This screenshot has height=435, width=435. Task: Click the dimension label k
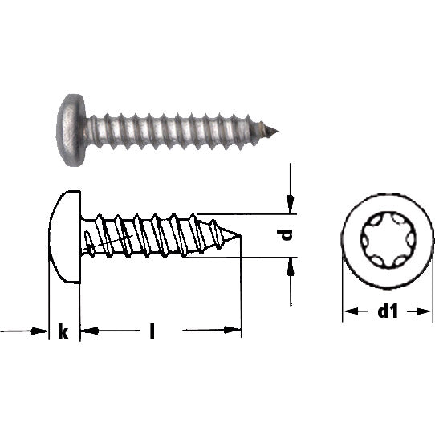(63, 331)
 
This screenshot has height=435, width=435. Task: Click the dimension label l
(152, 331)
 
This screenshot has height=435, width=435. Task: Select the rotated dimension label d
(286, 235)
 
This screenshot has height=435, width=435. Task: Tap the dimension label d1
(388, 311)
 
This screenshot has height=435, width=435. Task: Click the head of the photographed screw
(71, 130)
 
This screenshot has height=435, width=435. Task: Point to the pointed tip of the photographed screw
(278, 131)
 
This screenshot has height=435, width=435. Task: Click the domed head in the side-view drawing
(65, 237)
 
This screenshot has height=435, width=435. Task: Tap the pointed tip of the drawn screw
(240, 234)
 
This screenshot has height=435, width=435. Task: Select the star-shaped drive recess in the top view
(388, 240)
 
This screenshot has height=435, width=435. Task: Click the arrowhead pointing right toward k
(39, 331)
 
